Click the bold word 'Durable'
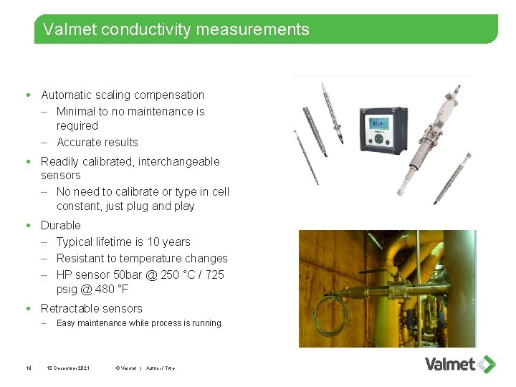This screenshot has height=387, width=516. point(61,225)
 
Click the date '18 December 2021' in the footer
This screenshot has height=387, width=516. point(68,368)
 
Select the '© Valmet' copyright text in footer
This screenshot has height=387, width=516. point(125,368)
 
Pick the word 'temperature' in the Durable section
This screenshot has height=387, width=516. point(148,259)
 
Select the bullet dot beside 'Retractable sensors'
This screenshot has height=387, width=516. point(27,309)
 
